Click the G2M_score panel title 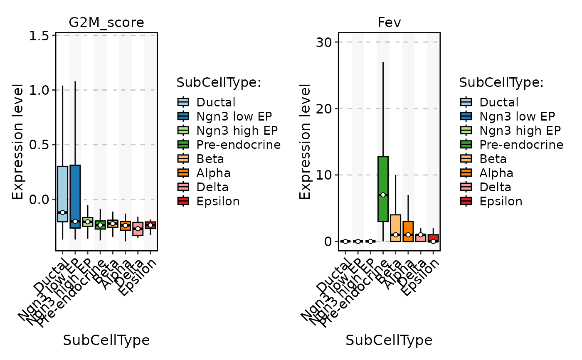click(106, 22)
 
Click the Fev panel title click(389, 22)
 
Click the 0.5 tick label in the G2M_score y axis click(40, 145)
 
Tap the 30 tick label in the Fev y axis click(323, 42)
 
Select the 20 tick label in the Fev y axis click(323, 109)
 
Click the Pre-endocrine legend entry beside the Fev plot click(521, 145)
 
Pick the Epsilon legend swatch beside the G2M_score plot click(183, 201)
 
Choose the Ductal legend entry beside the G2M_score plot click(216, 102)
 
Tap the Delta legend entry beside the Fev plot click(495, 187)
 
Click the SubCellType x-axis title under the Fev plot click(389, 340)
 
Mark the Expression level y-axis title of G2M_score click(17, 141)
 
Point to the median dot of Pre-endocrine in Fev click(383, 195)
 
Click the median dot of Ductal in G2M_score click(62, 212)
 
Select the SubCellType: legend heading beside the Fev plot click(501, 83)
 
